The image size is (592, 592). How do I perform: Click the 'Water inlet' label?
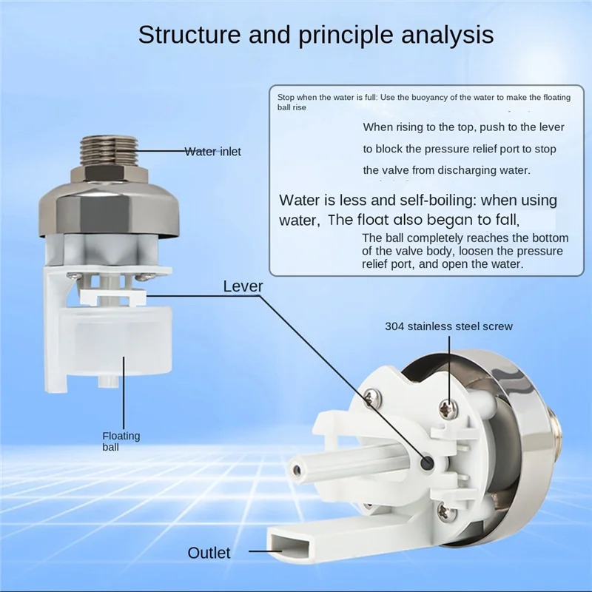pos(213,152)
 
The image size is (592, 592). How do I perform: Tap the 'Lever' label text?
pos(243,286)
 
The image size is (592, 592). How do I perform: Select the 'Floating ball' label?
pos(121,442)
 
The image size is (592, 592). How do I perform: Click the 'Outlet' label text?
pos(209,553)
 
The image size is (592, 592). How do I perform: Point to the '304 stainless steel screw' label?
pos(448,326)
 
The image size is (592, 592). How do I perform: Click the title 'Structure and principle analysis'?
pos(316,35)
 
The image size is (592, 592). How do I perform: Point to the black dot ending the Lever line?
pos(428,462)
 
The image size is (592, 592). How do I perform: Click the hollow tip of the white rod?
pos(295,469)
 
